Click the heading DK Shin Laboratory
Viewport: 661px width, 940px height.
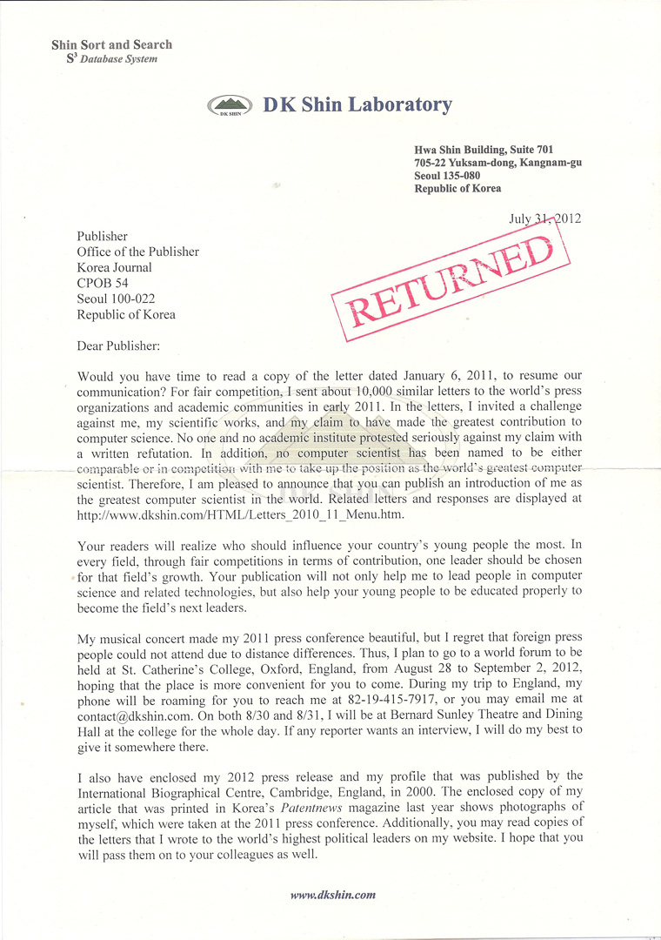click(x=357, y=105)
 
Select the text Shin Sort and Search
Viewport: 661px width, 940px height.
click(x=111, y=44)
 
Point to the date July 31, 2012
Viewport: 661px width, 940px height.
click(x=544, y=218)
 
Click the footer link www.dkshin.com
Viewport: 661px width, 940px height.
click(x=332, y=894)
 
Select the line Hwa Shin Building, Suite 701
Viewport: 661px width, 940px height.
click(x=484, y=150)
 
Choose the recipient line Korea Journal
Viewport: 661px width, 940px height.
click(x=114, y=267)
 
